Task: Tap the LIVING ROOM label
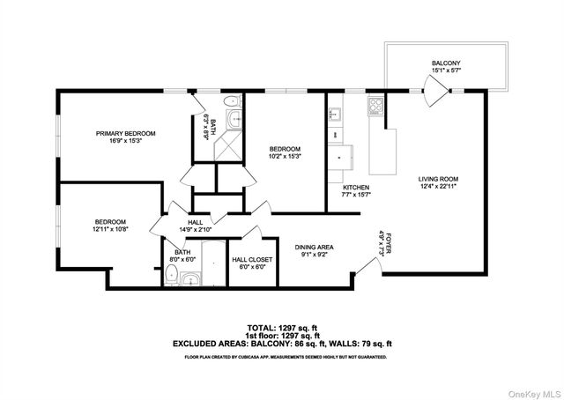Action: pos(438,179)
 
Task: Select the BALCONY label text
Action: pos(446,63)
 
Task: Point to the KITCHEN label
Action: pos(355,188)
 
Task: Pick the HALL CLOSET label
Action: pos(253,260)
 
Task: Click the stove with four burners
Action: pos(375,106)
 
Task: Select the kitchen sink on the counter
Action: pos(336,115)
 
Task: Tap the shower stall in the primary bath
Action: pos(229,145)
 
